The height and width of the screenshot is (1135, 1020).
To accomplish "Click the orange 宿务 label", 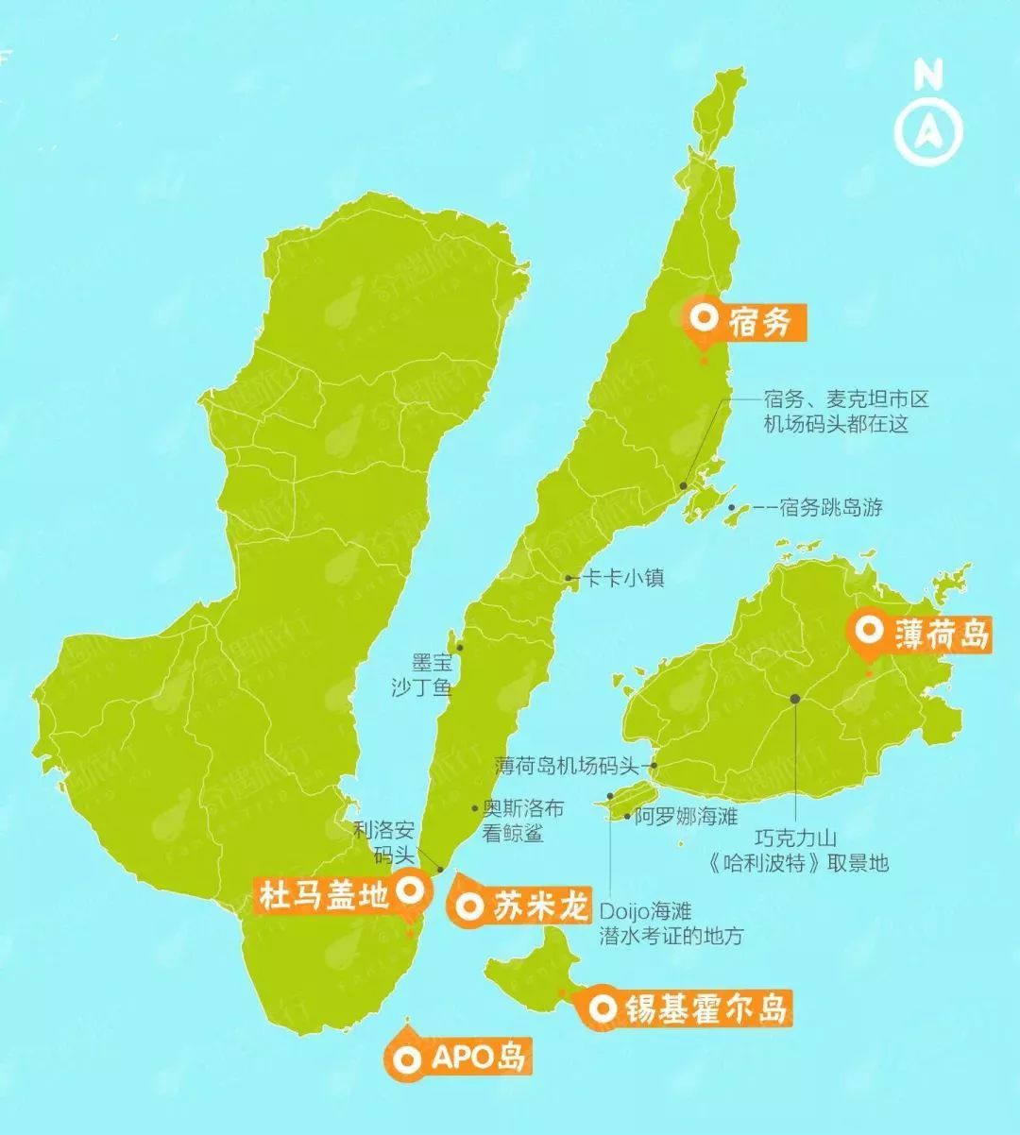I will pos(746,323).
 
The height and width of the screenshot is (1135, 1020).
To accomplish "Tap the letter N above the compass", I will pos(928,76).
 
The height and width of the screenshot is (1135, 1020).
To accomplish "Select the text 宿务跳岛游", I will pos(831,507).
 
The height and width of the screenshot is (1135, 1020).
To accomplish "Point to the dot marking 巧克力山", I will pos(795,699).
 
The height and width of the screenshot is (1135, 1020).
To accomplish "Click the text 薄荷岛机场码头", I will pos(568,766).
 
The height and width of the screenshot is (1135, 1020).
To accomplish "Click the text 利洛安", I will pos(383,831).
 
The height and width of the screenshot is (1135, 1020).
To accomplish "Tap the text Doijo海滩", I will pos(646,911).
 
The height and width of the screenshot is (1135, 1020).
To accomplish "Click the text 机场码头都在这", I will pos(836,424).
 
